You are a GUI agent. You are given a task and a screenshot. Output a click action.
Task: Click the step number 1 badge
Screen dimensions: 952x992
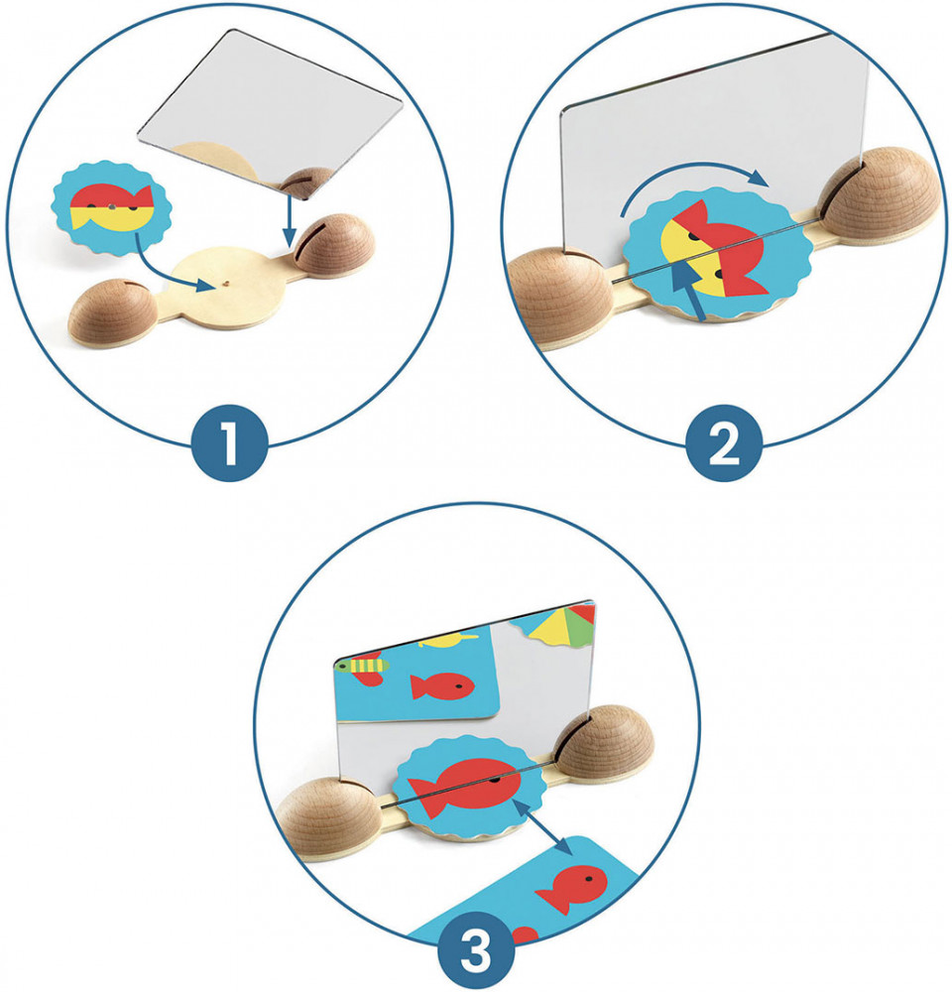coord(230,442)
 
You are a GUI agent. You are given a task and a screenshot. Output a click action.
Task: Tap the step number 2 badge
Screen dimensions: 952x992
coord(724,442)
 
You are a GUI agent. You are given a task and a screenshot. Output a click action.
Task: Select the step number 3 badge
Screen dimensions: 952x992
coord(476,949)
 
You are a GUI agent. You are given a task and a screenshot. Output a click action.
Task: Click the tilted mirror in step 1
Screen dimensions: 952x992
coord(271,114)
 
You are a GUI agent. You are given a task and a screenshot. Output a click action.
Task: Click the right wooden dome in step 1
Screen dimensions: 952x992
coord(334,245)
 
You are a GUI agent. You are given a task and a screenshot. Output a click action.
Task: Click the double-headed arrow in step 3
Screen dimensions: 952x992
coord(543,828)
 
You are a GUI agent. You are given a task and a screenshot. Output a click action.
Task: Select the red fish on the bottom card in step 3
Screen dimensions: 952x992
coord(572,887)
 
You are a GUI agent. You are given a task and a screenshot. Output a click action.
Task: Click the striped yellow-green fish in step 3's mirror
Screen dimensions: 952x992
coord(362,665)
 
